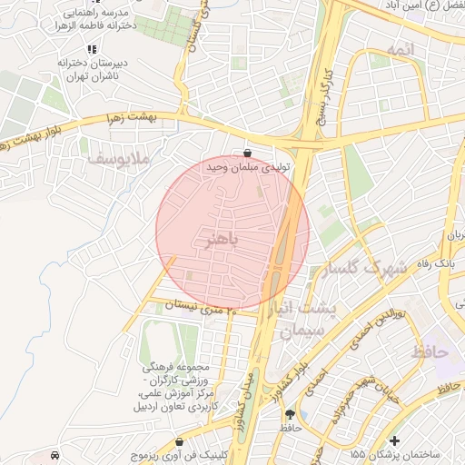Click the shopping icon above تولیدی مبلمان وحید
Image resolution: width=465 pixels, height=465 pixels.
[248, 153]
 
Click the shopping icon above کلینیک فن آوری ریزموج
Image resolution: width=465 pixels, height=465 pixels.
[182, 441]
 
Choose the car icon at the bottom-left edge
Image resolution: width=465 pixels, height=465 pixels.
[56, 453]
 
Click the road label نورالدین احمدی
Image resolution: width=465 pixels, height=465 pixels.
[373, 328]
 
